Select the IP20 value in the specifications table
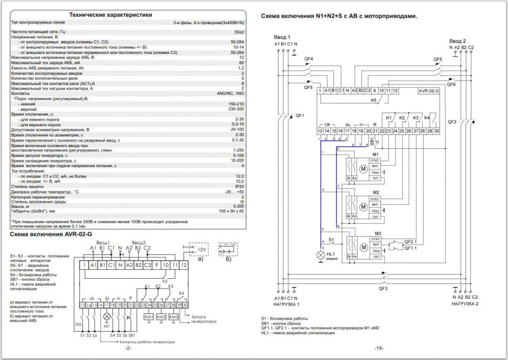tap(240, 186)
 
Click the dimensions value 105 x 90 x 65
tap(231, 212)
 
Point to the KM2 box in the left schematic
tap(161, 318)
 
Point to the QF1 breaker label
tap(300, 115)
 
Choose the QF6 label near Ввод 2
tap(451, 84)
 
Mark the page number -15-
tap(379, 348)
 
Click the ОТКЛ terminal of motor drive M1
tap(374, 160)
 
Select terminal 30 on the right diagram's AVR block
tap(436, 130)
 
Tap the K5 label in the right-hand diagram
tap(373, 99)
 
